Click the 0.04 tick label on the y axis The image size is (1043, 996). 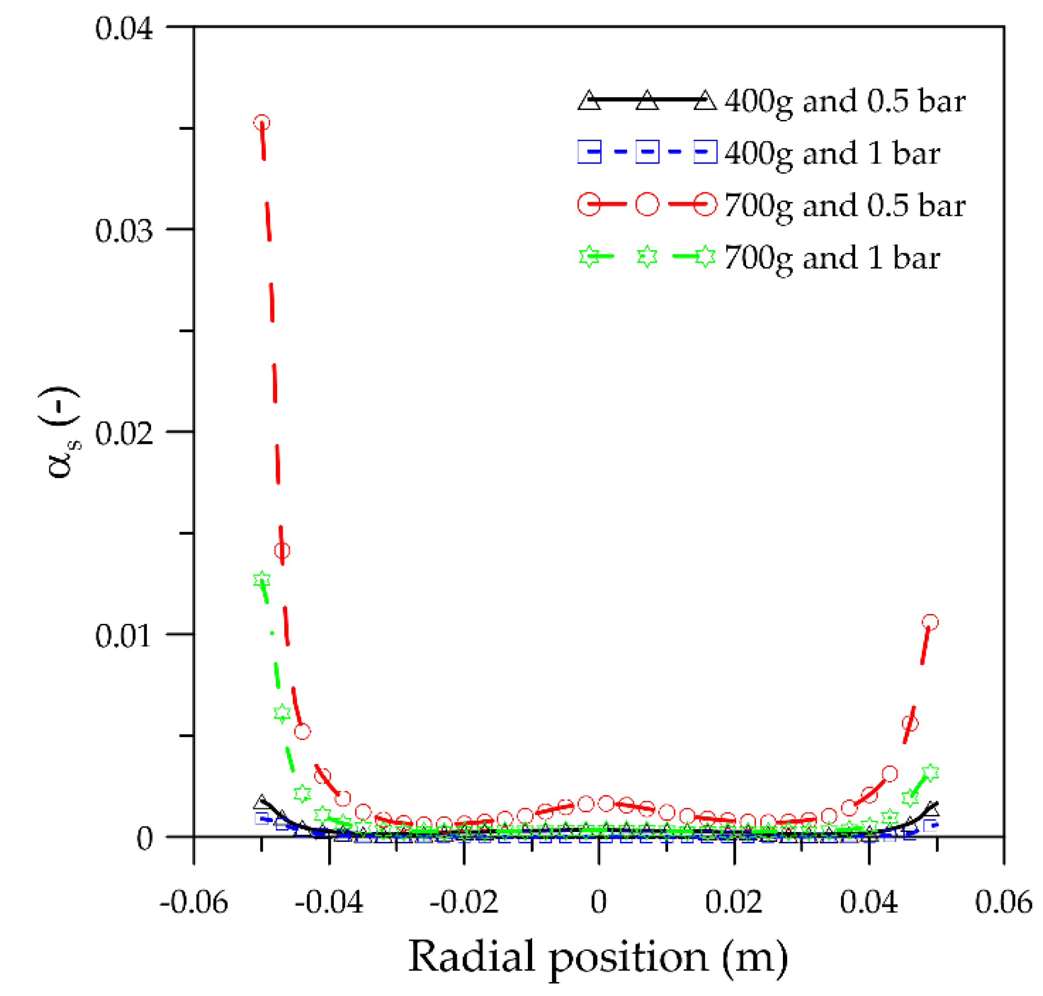pyautogui.click(x=124, y=29)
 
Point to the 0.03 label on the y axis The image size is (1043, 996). pyautogui.click(x=124, y=231)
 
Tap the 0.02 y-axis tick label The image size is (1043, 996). pyautogui.click(x=124, y=433)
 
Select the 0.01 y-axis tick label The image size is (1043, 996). pyautogui.click(x=124, y=635)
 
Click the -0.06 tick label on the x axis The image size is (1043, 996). pyautogui.click(x=193, y=902)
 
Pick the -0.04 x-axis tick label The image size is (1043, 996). pyautogui.click(x=329, y=902)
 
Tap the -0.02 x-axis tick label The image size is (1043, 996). pyautogui.click(x=464, y=902)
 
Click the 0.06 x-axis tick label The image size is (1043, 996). pyautogui.click(x=1003, y=902)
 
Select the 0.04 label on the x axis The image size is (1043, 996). pyautogui.click(x=868, y=902)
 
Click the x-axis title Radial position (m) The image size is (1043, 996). pyautogui.click(x=598, y=956)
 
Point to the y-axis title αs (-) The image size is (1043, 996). pyautogui.click(x=60, y=433)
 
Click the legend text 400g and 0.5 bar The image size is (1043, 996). pyautogui.click(x=844, y=101)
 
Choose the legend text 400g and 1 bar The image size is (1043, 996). pyautogui.click(x=832, y=154)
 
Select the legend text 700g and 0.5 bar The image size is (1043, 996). pyautogui.click(x=844, y=206)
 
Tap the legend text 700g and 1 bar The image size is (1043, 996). pyautogui.click(x=832, y=258)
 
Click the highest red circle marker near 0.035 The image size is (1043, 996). pyautogui.click(x=261, y=123)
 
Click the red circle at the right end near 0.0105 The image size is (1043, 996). pyautogui.click(x=929, y=622)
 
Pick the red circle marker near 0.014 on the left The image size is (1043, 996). pyautogui.click(x=282, y=551)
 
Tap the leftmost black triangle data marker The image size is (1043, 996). pyautogui.click(x=261, y=802)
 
